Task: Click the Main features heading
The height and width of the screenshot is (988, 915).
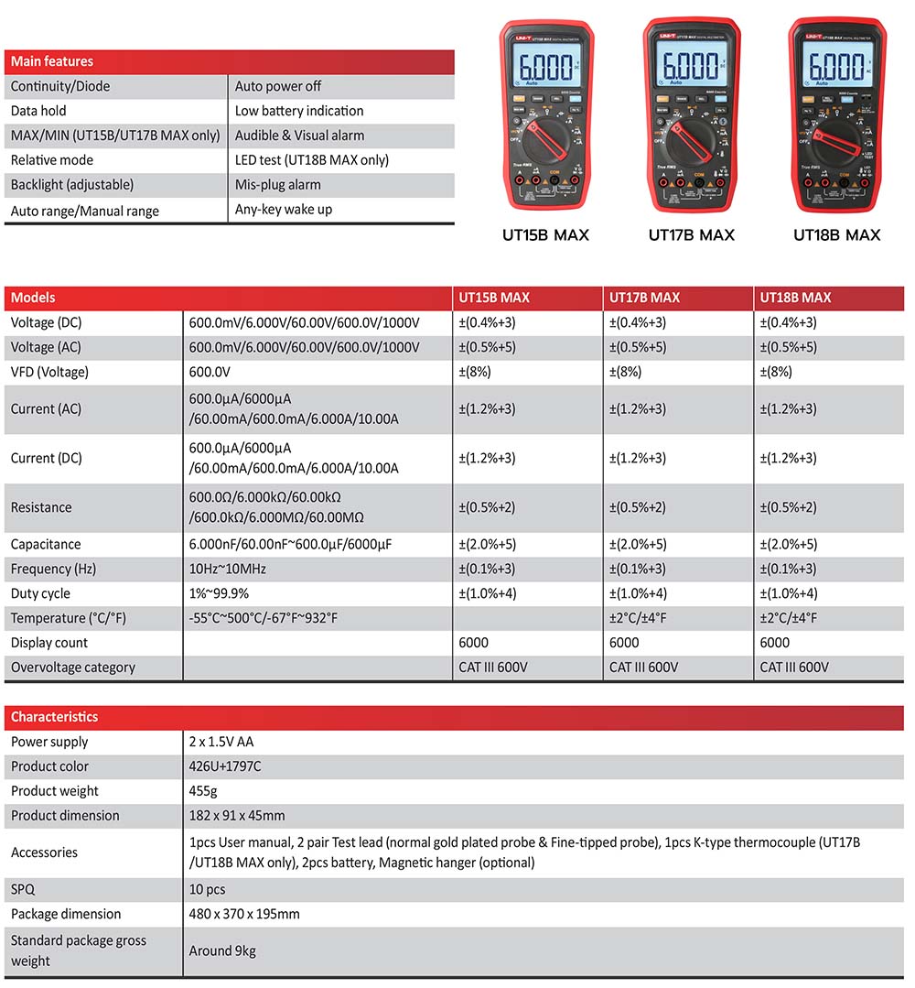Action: point(52,61)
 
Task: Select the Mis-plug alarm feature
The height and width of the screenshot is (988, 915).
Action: point(277,184)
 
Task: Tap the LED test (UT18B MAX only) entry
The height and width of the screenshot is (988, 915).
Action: point(311,159)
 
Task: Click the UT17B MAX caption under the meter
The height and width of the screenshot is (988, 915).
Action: point(691,235)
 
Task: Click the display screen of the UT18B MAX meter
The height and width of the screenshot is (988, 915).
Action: point(835,66)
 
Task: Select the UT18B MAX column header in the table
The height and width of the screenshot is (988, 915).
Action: point(795,298)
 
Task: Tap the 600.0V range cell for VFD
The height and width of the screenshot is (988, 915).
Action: point(209,372)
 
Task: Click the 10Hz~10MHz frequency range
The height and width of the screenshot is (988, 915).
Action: point(228,569)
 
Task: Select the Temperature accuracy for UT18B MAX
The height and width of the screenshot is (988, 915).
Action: point(788,618)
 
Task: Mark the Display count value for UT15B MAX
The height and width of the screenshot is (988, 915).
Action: point(473,643)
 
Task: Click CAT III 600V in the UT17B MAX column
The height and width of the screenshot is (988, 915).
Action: point(643,668)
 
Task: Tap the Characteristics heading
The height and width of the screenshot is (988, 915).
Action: point(54,717)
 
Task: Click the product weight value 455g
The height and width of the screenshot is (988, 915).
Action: point(203,791)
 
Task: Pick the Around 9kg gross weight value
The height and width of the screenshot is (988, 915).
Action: point(222,950)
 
